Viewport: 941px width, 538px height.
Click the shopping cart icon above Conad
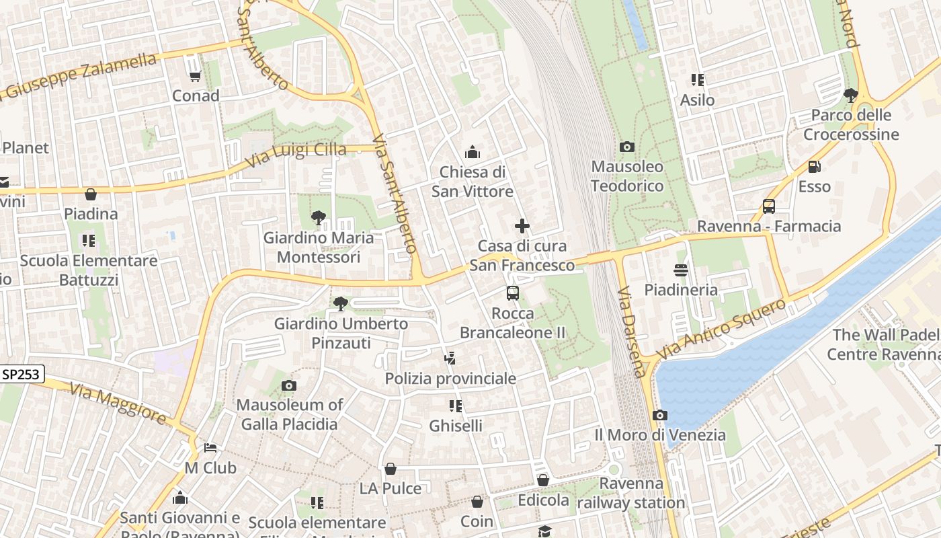[195, 76]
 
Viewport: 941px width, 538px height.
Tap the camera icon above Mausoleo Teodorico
[626, 147]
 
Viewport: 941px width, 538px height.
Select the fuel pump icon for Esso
[814, 167]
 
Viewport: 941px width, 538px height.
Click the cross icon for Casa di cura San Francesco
[522, 226]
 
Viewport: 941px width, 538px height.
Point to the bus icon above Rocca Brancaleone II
[513, 293]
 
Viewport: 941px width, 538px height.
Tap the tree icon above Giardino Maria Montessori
[318, 218]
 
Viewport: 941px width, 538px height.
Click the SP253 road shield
[22, 375]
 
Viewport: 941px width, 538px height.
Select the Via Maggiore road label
[118, 403]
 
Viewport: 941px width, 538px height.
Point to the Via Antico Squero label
[721, 329]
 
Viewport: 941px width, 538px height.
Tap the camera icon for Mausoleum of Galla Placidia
[289, 385]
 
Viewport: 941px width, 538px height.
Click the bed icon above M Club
[210, 448]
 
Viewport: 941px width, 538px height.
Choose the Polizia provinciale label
[450, 379]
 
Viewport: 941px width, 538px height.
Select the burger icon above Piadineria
[681, 270]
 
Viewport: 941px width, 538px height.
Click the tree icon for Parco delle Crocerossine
[850, 95]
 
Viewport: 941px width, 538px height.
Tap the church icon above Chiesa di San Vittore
[472, 152]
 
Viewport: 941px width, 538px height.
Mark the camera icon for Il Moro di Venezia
[660, 416]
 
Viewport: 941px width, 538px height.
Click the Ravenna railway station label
[631, 493]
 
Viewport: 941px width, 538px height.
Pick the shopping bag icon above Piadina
[91, 194]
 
